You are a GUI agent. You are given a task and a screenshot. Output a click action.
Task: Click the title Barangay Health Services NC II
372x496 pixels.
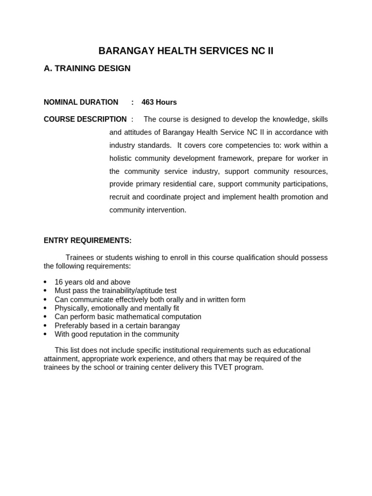click(186, 51)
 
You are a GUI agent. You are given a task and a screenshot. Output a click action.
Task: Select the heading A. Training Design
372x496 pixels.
click(87, 69)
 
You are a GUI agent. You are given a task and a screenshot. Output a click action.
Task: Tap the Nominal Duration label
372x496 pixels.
click(81, 102)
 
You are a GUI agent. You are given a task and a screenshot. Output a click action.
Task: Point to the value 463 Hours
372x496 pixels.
click(159, 102)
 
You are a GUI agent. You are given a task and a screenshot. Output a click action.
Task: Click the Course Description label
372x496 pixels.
click(85, 119)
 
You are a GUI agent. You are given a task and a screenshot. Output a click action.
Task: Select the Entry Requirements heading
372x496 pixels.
click(88, 241)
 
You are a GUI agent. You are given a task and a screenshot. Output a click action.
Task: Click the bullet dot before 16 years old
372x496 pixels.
click(45, 282)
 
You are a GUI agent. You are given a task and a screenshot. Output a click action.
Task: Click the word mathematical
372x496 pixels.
click(141, 317)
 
